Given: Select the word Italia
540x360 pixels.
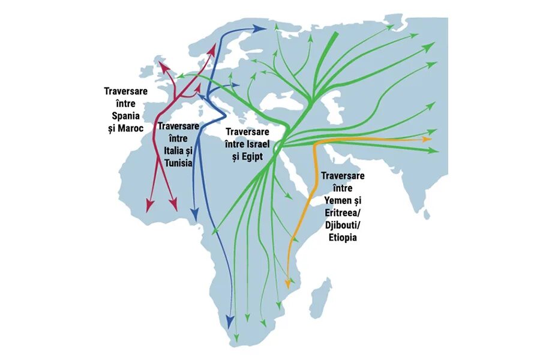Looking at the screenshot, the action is tap(173, 150).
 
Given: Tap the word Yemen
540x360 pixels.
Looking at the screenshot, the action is tap(336, 199).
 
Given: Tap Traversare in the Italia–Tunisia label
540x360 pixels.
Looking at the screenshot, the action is tap(178, 127).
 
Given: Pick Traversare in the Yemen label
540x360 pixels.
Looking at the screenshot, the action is tap(343, 176).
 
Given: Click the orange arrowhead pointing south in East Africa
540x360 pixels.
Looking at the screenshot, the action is tap(289, 280).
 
